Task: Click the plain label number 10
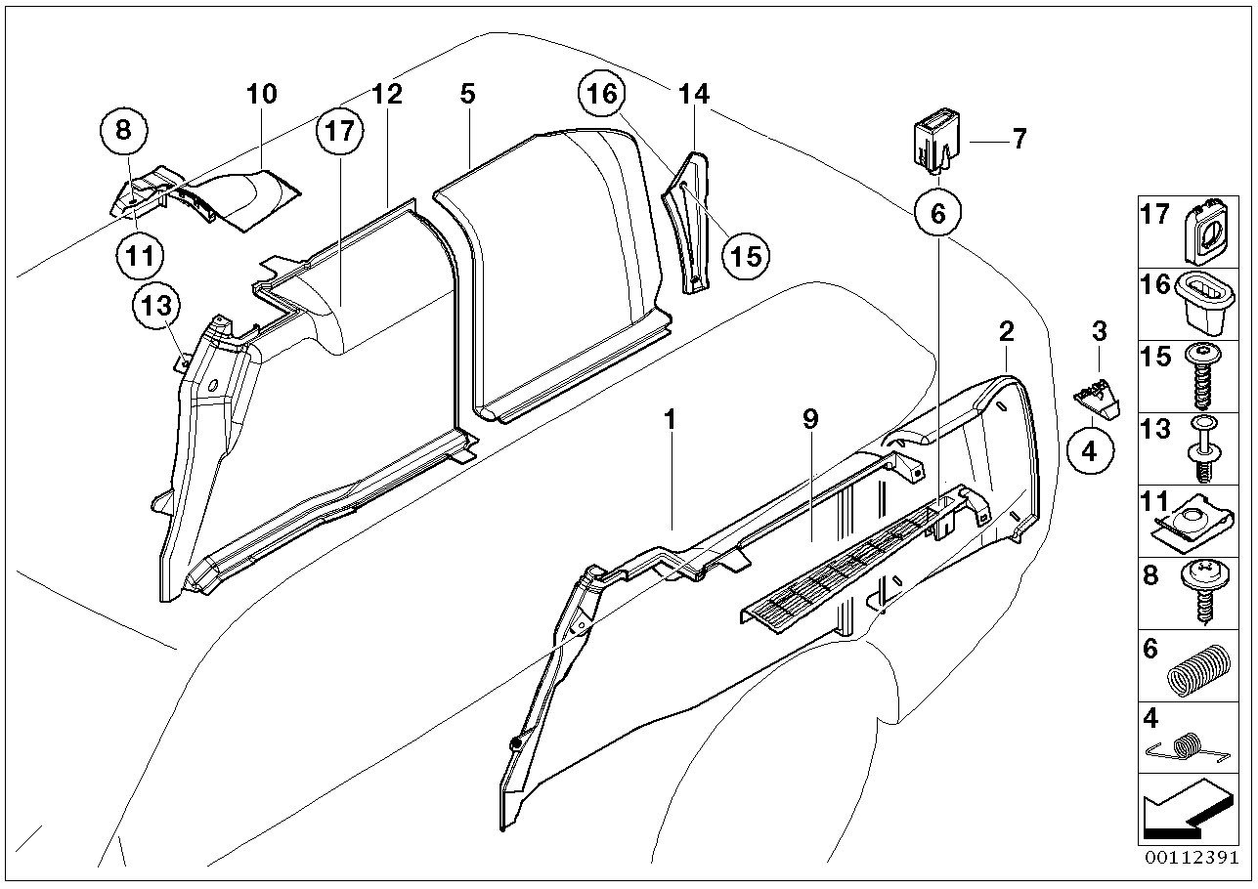[x=261, y=94]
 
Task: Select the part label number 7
[x=1019, y=140]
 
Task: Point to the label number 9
[x=810, y=418]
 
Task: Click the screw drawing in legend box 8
[x=1203, y=591]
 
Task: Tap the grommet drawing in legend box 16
[x=1204, y=297]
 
